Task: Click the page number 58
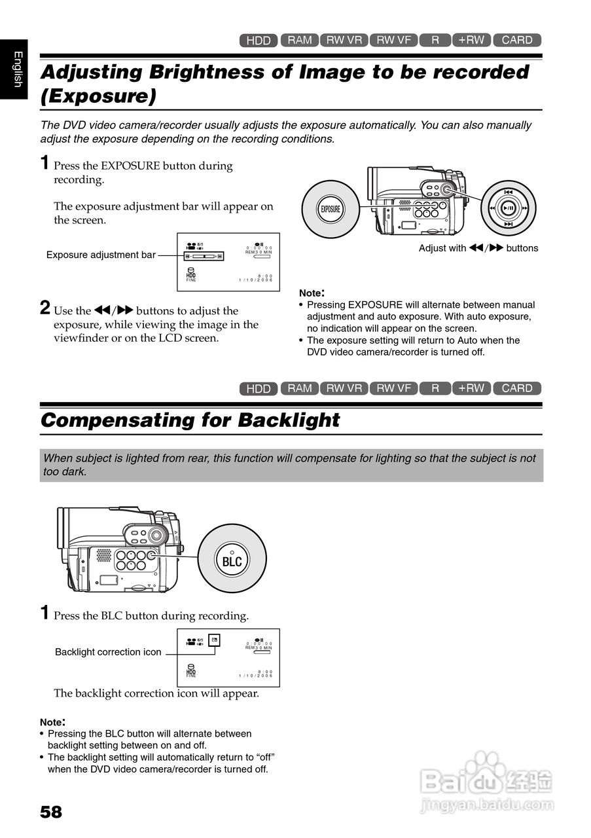click(x=51, y=812)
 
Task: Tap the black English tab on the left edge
click(x=14, y=69)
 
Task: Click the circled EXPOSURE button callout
click(x=330, y=209)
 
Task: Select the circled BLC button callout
click(x=232, y=561)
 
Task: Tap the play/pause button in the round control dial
click(x=509, y=208)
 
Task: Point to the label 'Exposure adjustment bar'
click(x=101, y=255)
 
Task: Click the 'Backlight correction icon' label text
click(x=108, y=652)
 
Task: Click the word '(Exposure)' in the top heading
click(x=98, y=96)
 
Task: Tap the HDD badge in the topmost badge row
click(x=259, y=41)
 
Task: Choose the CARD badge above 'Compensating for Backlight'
click(x=517, y=388)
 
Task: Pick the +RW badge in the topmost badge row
click(x=471, y=40)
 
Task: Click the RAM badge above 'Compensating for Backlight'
click(x=300, y=388)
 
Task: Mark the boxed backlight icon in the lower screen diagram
click(x=214, y=640)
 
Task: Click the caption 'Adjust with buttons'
click(x=478, y=248)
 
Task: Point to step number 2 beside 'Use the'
click(x=45, y=308)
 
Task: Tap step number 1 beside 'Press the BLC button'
click(x=45, y=613)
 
